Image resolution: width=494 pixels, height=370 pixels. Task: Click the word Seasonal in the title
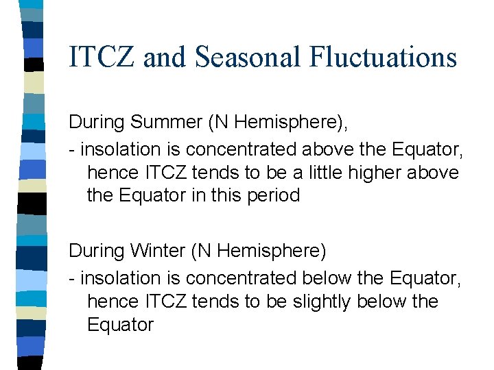pyautogui.click(x=249, y=56)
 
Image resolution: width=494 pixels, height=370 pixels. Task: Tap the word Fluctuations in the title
pyautogui.click(x=382, y=56)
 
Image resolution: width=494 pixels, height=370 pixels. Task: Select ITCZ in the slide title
pyautogui.click(x=103, y=56)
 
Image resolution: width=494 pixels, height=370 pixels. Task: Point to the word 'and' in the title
pyautogui.click(x=165, y=56)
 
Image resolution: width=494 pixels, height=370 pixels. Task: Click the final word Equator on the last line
pyautogui.click(x=120, y=325)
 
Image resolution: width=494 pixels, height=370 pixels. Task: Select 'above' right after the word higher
pyautogui.click(x=433, y=172)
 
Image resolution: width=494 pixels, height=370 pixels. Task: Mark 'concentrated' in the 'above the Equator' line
pyautogui.click(x=243, y=149)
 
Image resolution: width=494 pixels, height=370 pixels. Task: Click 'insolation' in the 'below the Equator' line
pyautogui.click(x=123, y=278)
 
